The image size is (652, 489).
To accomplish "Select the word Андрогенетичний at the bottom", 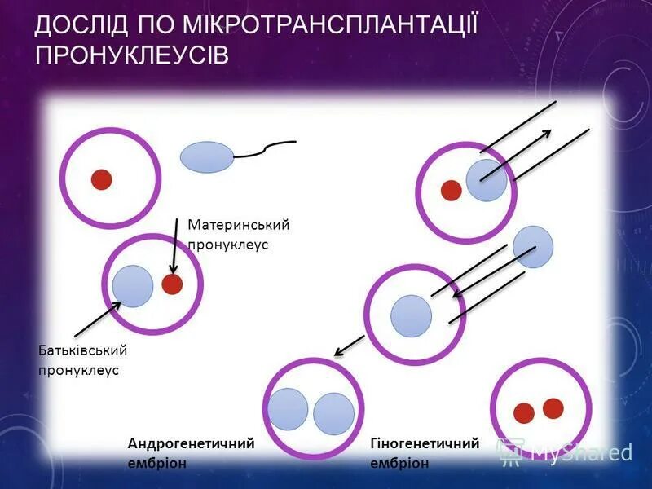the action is point(191,443).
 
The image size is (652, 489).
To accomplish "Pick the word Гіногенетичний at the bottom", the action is point(424,443).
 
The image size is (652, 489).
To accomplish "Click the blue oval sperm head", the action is point(207,157).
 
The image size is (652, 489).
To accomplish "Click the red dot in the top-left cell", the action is point(101,179).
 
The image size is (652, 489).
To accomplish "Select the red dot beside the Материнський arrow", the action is point(172,284).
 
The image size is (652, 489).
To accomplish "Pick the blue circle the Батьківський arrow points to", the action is point(133,285).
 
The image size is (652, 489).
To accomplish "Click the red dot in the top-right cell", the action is point(451,191).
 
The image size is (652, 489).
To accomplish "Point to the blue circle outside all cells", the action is point(533,246).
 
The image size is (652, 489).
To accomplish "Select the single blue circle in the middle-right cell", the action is point(411,316).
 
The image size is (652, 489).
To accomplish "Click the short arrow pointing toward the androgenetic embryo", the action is point(349,345).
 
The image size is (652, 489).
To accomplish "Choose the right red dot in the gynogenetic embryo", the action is point(553,407).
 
